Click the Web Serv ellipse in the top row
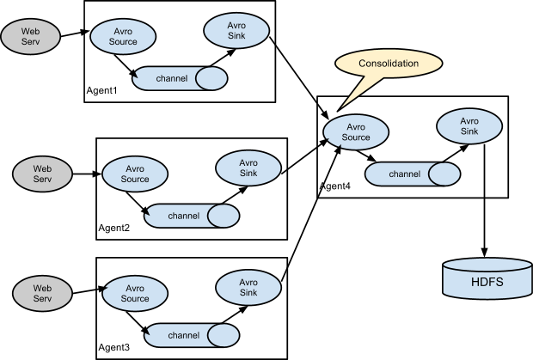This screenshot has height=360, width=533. pyautogui.click(x=29, y=36)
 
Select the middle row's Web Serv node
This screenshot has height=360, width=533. pyautogui.click(x=42, y=174)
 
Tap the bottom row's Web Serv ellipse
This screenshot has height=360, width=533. pyautogui.click(x=42, y=293)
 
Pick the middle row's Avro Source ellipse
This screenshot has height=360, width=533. pyautogui.click(x=135, y=174)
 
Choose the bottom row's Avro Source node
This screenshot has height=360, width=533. pyautogui.click(x=135, y=293)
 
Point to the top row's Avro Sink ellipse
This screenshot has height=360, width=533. pyautogui.click(x=236, y=30)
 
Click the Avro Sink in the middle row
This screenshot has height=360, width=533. pyautogui.click(x=248, y=168)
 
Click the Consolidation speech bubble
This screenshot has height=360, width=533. pyautogui.click(x=389, y=64)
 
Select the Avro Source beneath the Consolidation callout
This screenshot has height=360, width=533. pyautogui.click(x=356, y=131)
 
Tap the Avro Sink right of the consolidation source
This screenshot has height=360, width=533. pyautogui.click(x=469, y=125)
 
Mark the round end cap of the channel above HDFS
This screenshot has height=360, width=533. pyautogui.click(x=444, y=174)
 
